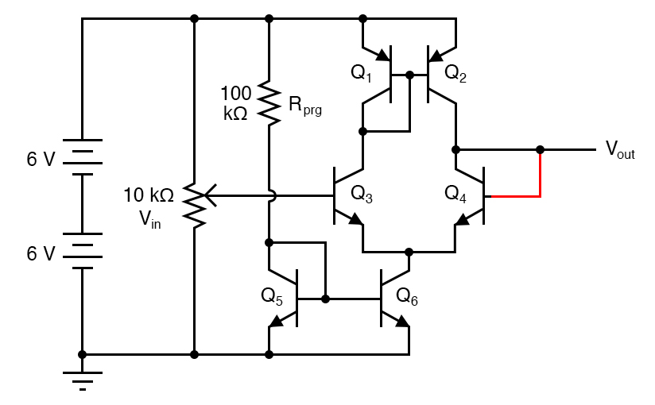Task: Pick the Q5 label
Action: coord(272,296)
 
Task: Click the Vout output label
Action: coord(620,149)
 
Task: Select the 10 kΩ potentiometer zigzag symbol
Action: coord(195,204)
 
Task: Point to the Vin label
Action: coord(150,220)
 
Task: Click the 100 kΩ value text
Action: coord(236,102)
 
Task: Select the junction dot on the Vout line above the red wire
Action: coord(541,149)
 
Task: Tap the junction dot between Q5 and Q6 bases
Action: coord(326,299)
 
